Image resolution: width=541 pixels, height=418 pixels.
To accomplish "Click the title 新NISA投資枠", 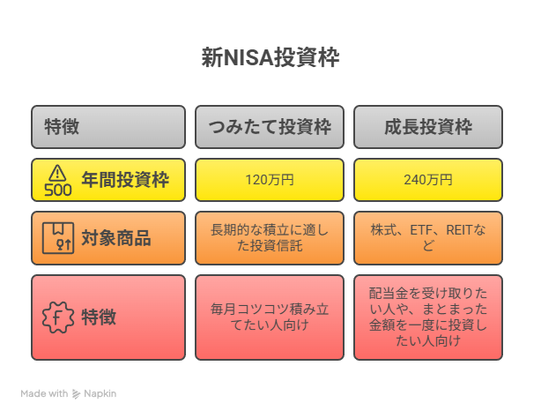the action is click(x=270, y=57).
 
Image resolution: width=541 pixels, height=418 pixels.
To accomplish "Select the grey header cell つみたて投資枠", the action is click(x=270, y=127).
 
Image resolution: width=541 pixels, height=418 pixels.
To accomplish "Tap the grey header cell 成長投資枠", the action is click(x=428, y=127).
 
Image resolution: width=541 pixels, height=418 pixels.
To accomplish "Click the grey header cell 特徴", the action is click(x=108, y=127).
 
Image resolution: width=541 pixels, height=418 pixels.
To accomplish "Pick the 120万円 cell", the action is click(x=270, y=180).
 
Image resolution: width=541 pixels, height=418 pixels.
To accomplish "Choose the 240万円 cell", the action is click(x=428, y=180).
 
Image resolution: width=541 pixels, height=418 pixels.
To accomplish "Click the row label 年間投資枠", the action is click(x=125, y=180).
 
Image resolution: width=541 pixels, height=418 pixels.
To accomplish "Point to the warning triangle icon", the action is click(x=57, y=173).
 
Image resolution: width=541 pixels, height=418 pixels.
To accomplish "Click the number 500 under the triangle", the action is click(x=58, y=190).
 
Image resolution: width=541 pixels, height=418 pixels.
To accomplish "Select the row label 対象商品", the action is click(x=116, y=238).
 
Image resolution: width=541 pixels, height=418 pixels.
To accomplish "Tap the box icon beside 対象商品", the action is click(x=58, y=238).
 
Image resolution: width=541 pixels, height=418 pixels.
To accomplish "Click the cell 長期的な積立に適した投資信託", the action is click(x=270, y=238).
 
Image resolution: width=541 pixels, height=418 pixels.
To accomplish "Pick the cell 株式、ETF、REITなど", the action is click(x=428, y=238).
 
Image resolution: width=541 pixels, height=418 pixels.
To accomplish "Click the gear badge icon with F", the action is click(x=58, y=317).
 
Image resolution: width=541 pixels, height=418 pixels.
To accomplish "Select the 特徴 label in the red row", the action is click(x=99, y=317).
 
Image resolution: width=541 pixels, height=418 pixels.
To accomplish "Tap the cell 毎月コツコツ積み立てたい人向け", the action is click(x=270, y=317).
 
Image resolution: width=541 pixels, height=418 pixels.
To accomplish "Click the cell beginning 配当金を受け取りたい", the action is click(x=428, y=317).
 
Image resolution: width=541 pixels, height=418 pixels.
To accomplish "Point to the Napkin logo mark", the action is click(x=76, y=394).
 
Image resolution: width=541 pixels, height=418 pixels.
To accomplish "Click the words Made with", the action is click(x=44, y=393).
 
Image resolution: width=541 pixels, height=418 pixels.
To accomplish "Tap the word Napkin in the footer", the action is click(x=100, y=394).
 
